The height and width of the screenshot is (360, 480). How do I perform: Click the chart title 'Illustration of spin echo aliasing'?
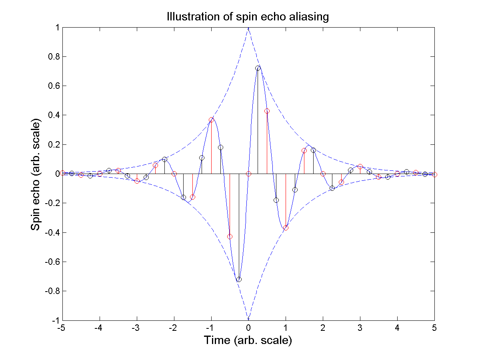(248, 17)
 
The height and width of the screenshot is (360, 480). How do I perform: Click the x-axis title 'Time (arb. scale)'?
(248, 340)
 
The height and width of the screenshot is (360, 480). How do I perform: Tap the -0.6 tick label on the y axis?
(52, 262)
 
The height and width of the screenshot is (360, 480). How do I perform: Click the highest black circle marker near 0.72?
(258, 68)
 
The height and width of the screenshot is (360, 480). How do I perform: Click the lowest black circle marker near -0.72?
(239, 279)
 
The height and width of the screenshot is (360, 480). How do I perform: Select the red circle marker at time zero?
(248, 174)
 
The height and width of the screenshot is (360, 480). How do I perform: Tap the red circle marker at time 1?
(286, 228)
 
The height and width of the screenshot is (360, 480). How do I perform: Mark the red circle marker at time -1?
(211, 120)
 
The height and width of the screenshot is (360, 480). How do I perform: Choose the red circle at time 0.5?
(267, 111)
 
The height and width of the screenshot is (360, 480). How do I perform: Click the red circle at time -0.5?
(230, 236)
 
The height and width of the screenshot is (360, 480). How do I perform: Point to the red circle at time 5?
(434, 174)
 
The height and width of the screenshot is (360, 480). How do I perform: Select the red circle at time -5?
(62, 173)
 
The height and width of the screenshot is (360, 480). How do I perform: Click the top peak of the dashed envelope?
(248, 28)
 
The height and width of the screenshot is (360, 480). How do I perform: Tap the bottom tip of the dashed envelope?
(248, 319)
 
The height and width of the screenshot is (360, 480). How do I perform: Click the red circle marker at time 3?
(360, 166)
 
